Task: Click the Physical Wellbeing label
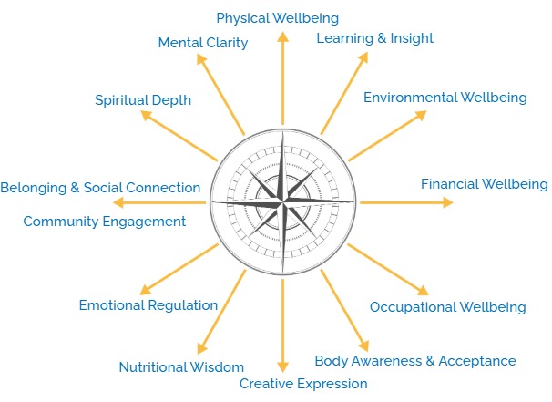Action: pos(277,17)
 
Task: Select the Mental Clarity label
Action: pos(202,43)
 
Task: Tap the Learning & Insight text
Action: pos(374,37)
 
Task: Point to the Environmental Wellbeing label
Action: pos(445,97)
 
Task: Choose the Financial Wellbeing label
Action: pos(484,183)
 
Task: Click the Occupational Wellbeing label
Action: pos(447,306)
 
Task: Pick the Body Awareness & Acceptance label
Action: pos(414,360)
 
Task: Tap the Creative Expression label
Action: pos(303,383)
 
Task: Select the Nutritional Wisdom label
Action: pos(181,367)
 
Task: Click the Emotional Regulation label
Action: pos(148,305)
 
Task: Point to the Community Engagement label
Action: pos(104,221)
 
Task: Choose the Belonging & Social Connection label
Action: pos(100,187)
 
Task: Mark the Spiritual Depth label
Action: pos(143,100)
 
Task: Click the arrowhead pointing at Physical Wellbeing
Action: pos(282,36)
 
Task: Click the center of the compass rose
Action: pos(283,201)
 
